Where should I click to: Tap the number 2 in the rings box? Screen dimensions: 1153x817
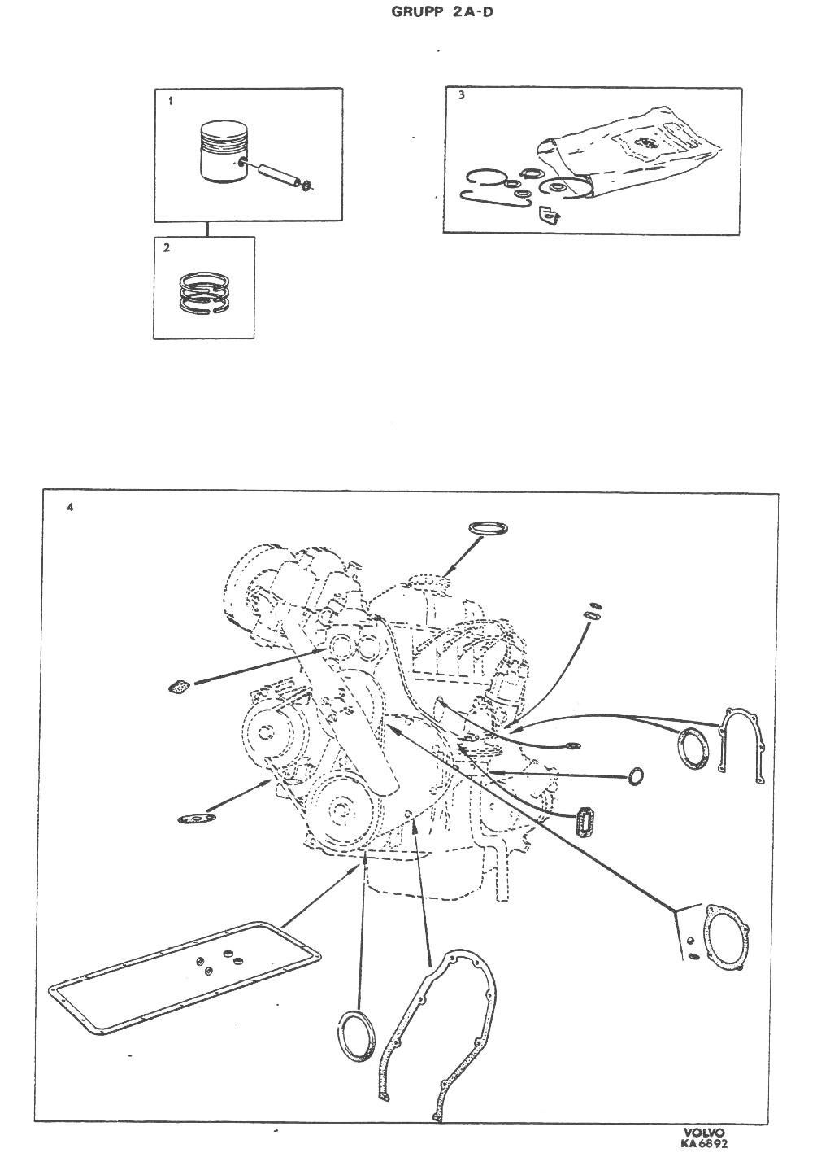click(x=167, y=248)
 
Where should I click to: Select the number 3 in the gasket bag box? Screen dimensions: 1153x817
click(x=461, y=95)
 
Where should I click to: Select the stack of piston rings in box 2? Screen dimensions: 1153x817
click(x=205, y=292)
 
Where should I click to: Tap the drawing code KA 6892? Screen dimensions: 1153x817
click(x=703, y=1143)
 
